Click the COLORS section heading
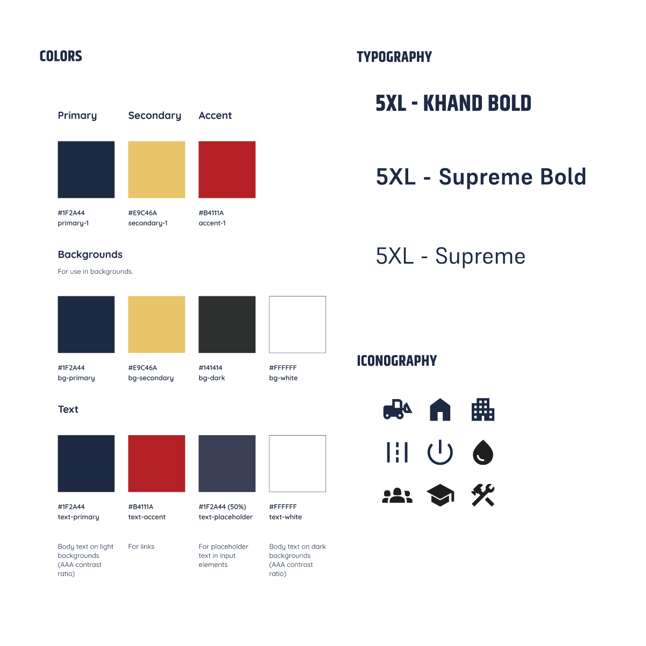tap(61, 56)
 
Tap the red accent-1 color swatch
tap(227, 169)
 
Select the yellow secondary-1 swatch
tap(157, 169)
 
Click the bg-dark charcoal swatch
tap(227, 324)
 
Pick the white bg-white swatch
tap(297, 324)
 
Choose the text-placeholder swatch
tap(227, 463)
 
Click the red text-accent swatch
tap(157, 463)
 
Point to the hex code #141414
tap(210, 367)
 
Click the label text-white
tap(285, 516)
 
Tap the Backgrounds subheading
tap(90, 254)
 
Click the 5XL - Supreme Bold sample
tap(481, 176)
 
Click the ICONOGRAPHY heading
tap(397, 361)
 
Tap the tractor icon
tap(397, 409)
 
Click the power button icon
tap(440, 452)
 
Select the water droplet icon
tap(482, 452)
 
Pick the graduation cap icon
tap(440, 495)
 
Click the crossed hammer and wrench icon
tap(482, 495)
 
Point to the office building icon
tap(482, 409)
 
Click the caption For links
tap(141, 546)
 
